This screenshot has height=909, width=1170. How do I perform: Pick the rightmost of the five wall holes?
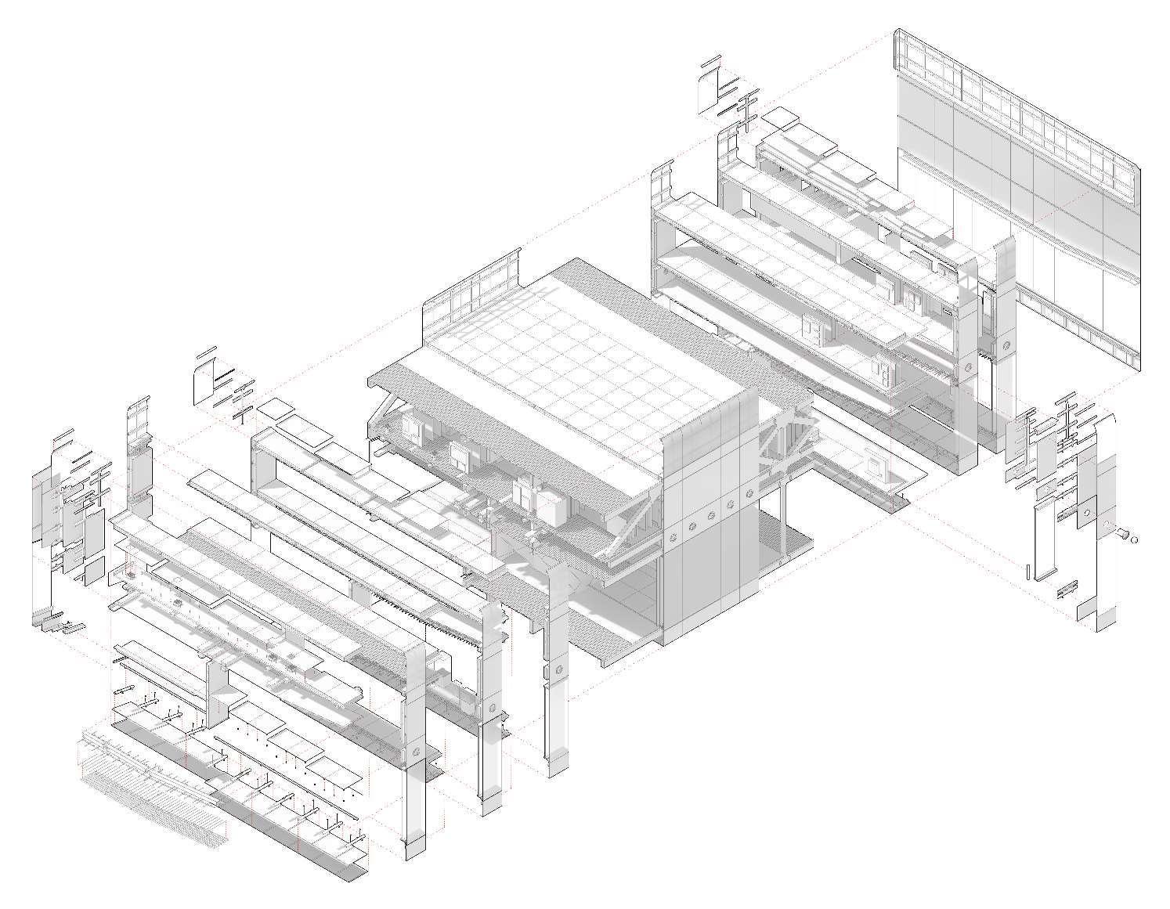pyautogui.click(x=749, y=492)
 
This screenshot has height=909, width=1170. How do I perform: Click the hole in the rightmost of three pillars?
pyautogui.click(x=559, y=670)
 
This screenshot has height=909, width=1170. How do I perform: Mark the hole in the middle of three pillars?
pyautogui.click(x=492, y=708)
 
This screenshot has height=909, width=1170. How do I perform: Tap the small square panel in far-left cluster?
pyautogui.click(x=93, y=570)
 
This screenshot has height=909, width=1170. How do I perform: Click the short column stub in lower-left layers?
pyautogui.click(x=217, y=693)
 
